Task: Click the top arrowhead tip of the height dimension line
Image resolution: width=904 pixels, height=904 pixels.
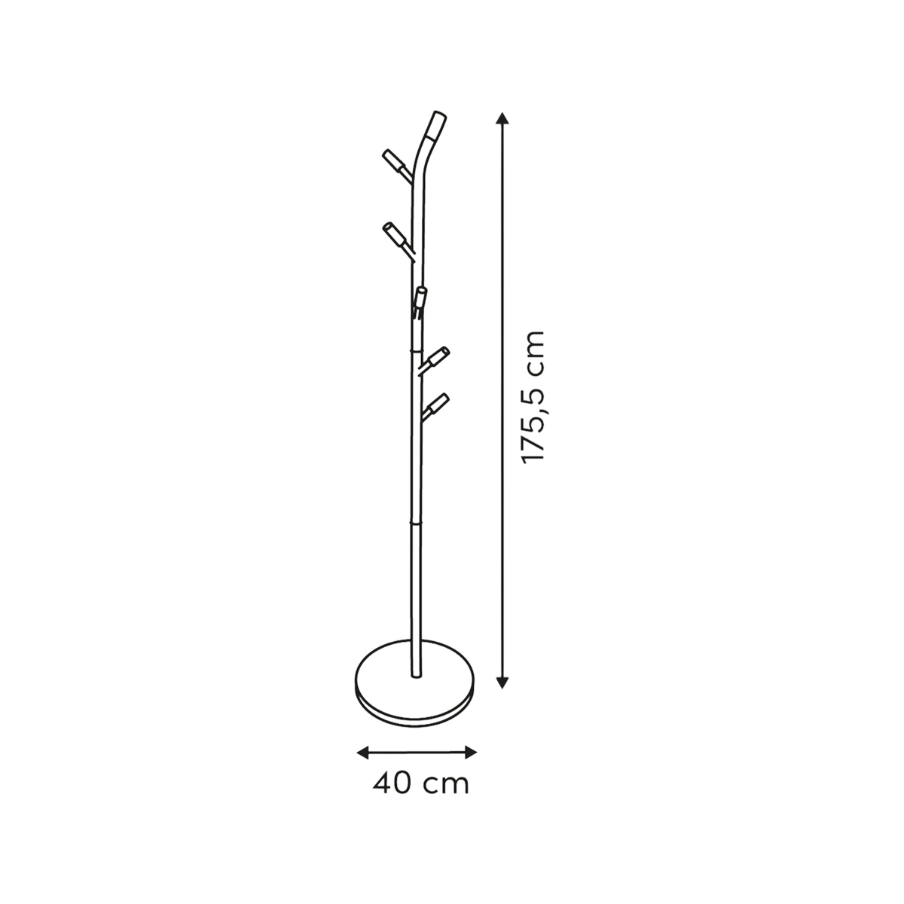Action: pos(502,112)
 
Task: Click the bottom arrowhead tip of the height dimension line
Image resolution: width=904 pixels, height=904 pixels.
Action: pos(502,689)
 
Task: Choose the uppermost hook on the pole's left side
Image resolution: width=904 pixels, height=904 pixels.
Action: pos(398,166)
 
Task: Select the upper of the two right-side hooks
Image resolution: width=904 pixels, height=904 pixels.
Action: pos(434,360)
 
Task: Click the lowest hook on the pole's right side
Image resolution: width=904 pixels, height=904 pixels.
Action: pos(435,408)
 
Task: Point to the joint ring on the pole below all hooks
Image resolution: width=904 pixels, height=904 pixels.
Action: pos(417,521)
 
